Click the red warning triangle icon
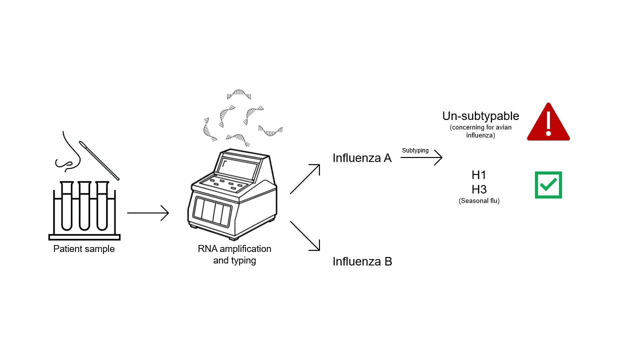[548, 123]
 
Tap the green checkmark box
[548, 185]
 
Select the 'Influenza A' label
[362, 158]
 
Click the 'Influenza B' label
[362, 261]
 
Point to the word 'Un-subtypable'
[480, 116]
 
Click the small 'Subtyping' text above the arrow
[415, 150]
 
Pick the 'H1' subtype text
[479, 175]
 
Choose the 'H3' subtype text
[479, 189]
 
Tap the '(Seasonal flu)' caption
[479, 201]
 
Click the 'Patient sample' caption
[84, 249]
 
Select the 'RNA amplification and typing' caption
[234, 254]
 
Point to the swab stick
[99, 160]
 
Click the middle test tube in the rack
[84, 205]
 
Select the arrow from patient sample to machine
[148, 213]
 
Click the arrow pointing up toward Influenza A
[305, 179]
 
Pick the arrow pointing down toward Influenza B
[305, 236]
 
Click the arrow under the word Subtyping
[421, 157]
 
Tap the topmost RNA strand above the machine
[239, 94]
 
